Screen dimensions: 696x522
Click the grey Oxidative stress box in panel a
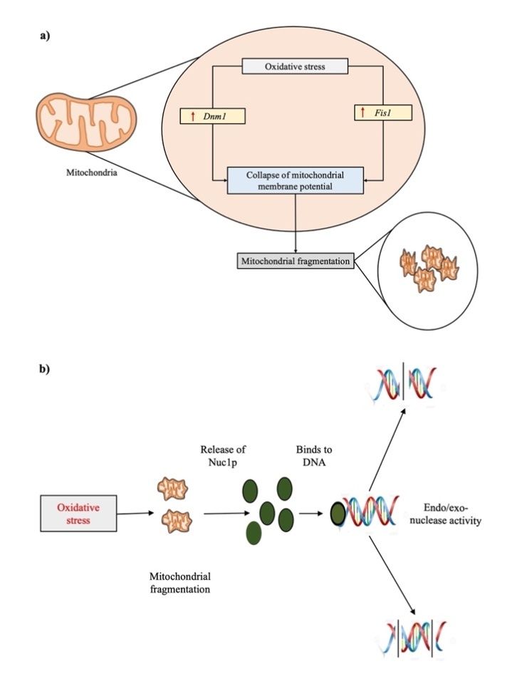pos(295,67)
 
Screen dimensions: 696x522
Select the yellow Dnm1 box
pos(214,115)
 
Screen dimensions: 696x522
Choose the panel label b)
pos(44,370)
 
